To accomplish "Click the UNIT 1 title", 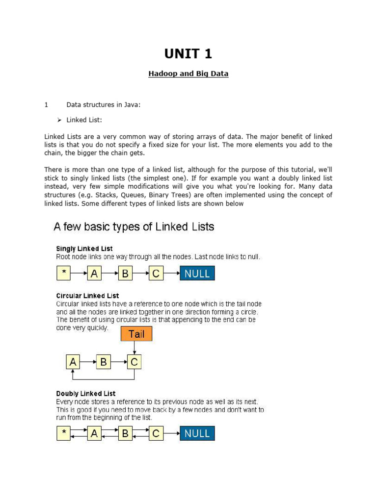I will (x=188, y=53).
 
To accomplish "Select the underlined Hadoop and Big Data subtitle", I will (x=188, y=74).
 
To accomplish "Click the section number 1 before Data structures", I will (x=46, y=104).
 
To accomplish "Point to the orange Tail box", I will (x=136, y=334).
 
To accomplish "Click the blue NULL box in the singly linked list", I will (x=197, y=274).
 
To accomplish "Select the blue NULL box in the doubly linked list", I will (x=197, y=433).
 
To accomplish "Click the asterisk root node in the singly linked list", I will (x=63, y=274).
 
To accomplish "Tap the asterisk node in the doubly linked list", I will (x=63, y=433).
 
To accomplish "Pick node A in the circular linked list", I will (x=73, y=362).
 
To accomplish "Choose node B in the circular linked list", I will (x=104, y=362).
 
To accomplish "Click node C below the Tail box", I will (x=135, y=362).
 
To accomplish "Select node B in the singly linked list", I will (x=125, y=274).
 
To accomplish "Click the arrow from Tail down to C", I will (x=135, y=348).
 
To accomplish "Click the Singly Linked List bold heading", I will (x=84, y=249).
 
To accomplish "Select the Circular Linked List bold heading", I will (x=87, y=296).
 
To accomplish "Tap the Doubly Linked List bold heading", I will (x=86, y=393).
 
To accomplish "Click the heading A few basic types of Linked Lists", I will (x=134, y=227).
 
